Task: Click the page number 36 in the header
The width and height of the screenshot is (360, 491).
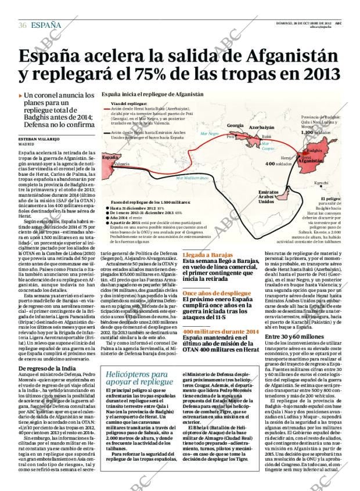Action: coord(22,25)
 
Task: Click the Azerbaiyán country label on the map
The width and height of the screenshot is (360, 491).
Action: coord(262,127)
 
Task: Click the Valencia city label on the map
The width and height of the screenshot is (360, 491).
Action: coord(122,164)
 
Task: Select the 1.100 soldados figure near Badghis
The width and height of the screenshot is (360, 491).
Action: coord(315,132)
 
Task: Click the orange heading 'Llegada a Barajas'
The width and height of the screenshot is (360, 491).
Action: coord(204,255)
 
